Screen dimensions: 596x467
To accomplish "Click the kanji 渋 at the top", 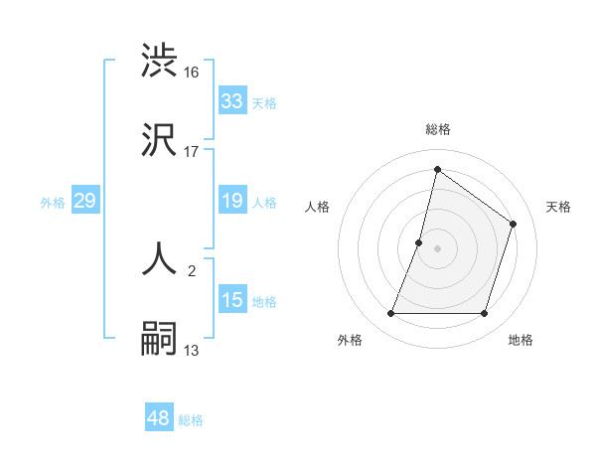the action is (160, 60).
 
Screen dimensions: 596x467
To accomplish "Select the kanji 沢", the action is (160, 139).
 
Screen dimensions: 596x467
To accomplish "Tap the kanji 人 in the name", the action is (160, 258).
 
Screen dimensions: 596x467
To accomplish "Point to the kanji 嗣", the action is (160, 338).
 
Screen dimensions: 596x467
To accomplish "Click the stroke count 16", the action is (192, 72).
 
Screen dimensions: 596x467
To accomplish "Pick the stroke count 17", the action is (192, 151).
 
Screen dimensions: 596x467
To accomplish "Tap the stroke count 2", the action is (192, 270).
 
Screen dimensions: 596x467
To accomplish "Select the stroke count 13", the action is (192, 350).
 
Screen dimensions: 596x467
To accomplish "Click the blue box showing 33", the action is (231, 101).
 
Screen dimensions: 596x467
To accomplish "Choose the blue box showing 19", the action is (231, 202).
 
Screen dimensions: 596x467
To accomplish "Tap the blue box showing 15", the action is (231, 300).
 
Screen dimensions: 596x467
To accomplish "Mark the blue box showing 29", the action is (84, 202).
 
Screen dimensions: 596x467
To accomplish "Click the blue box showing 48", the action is (159, 418).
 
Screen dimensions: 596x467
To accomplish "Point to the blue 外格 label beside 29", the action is (53, 203).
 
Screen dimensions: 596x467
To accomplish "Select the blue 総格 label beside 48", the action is (191, 420).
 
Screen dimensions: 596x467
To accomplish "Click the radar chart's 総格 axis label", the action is (437, 130).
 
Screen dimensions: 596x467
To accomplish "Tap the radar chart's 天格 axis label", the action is (558, 207).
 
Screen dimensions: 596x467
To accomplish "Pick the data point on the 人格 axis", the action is (419, 242).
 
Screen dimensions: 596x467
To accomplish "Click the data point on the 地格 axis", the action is (484, 314).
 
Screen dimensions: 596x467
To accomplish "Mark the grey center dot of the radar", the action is (437, 248).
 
